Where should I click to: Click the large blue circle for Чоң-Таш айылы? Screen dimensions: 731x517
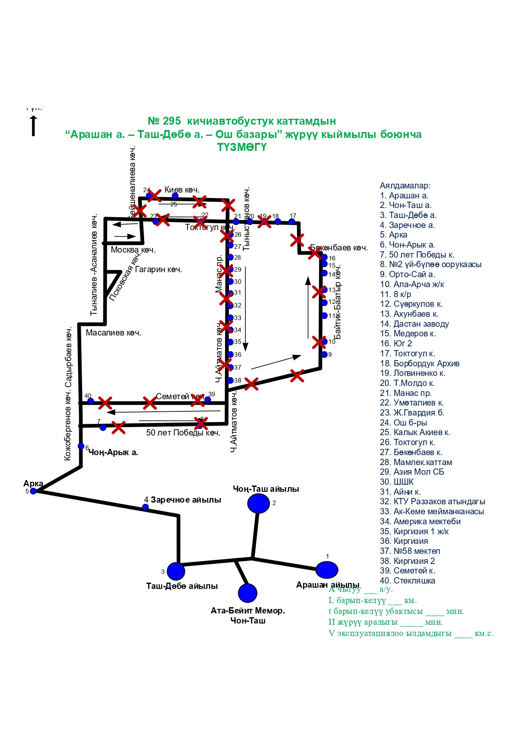[x=258, y=503]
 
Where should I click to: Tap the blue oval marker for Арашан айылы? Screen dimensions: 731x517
[x=327, y=570]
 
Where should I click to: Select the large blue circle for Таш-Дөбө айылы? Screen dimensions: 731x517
[x=176, y=571]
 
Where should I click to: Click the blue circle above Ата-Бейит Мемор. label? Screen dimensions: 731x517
[x=248, y=593]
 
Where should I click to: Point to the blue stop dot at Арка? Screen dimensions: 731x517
[x=33, y=491]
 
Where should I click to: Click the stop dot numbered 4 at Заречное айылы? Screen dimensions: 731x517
[x=145, y=507]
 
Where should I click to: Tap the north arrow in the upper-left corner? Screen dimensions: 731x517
[x=33, y=125]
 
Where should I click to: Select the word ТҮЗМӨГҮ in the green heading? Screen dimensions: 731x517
[x=242, y=147]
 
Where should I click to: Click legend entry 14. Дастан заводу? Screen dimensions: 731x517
[x=414, y=324]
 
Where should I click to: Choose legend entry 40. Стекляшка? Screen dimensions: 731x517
[x=407, y=581]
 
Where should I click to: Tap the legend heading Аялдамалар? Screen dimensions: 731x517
[x=405, y=185]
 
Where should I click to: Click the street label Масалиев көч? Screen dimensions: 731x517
[x=113, y=333]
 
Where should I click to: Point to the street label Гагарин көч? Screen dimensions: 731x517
[x=158, y=269]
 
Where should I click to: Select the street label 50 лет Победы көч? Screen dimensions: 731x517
[x=183, y=433]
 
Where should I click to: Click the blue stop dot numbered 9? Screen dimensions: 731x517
[x=325, y=355]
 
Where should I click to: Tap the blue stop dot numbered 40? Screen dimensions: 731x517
[x=90, y=401]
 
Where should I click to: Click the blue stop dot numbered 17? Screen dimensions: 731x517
[x=292, y=221]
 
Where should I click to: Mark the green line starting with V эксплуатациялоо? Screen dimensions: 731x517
[x=411, y=633]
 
